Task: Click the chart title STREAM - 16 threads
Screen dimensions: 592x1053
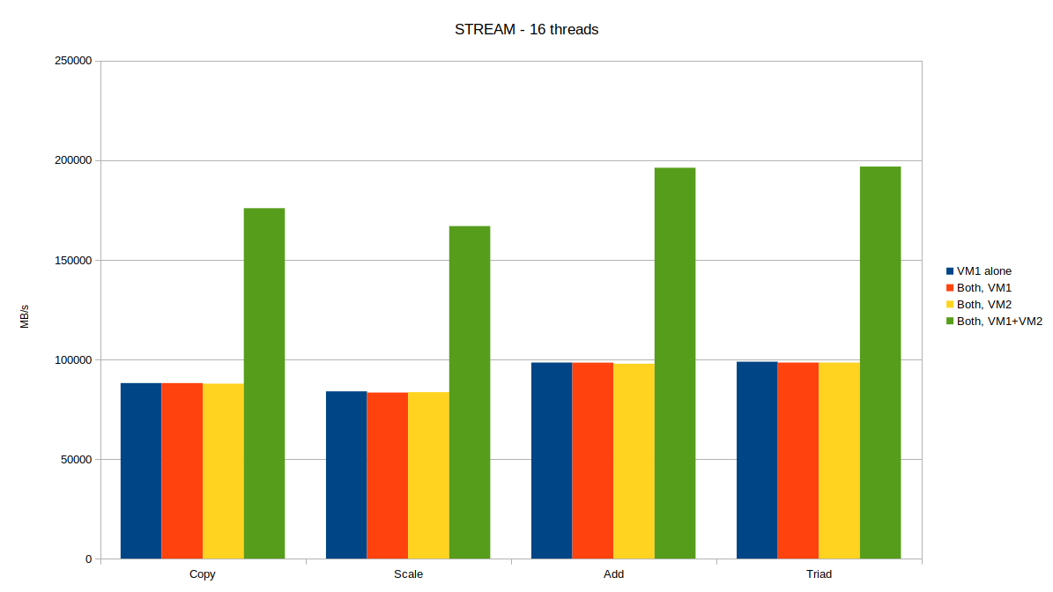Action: click(526, 29)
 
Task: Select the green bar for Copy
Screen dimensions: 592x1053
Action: click(264, 383)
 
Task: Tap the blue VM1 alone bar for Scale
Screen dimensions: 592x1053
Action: click(346, 475)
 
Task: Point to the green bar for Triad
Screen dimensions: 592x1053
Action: click(880, 362)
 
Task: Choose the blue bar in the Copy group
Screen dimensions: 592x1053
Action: click(141, 470)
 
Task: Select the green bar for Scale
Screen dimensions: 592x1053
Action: click(470, 392)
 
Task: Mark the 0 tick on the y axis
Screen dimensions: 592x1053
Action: click(88, 559)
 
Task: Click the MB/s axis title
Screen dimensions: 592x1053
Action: click(25, 316)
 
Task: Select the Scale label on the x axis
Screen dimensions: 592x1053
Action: click(408, 574)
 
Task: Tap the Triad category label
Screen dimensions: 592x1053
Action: click(819, 574)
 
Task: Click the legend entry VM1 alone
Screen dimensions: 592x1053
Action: click(983, 271)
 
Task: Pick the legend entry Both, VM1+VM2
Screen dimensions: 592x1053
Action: click(999, 322)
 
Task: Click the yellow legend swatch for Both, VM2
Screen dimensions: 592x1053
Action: click(950, 305)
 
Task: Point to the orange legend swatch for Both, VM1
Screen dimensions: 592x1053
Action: click(950, 288)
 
